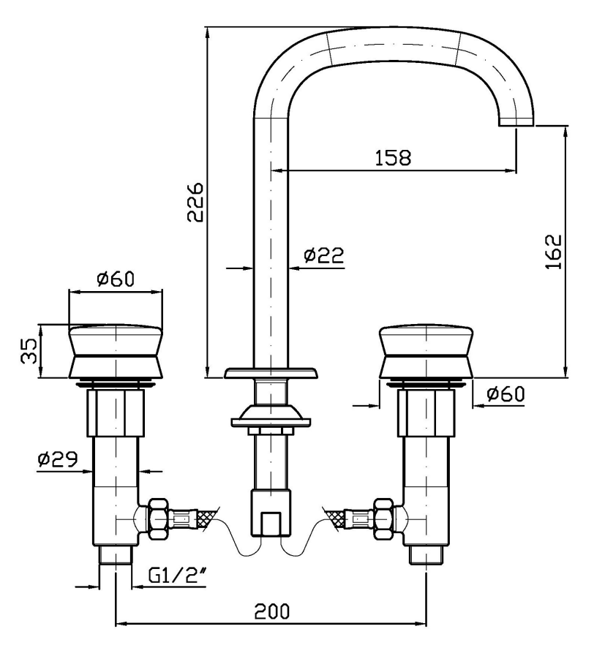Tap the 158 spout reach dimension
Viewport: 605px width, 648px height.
coord(393,157)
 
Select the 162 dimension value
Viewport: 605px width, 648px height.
coord(553,252)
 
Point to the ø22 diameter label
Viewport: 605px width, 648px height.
coord(323,255)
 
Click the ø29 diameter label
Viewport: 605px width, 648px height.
coord(58,459)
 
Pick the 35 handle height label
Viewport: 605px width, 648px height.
coord(30,351)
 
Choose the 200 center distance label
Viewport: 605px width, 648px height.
coord(271,611)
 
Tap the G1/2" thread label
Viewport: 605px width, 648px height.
coord(177,575)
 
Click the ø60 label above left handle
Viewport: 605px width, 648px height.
coord(116,279)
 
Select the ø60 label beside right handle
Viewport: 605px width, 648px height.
coord(506,393)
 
